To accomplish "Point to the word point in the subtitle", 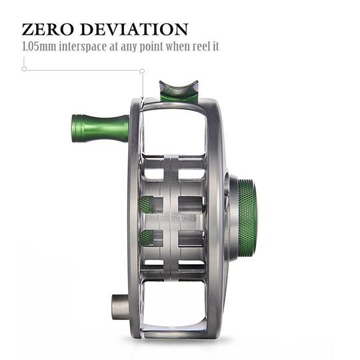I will coord(153,49).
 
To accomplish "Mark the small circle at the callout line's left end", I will coord(24,69).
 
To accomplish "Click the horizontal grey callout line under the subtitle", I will coord(83,69).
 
